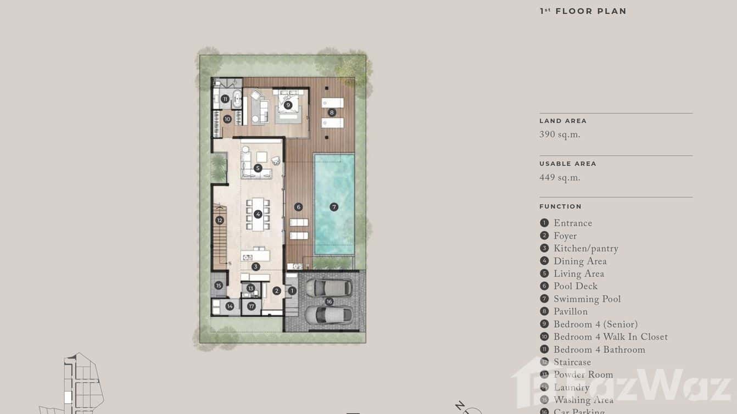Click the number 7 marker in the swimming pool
click(334, 207)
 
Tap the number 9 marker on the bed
click(288, 105)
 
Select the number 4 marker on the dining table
click(258, 214)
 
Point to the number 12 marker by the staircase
click(220, 220)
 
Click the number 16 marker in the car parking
click(329, 301)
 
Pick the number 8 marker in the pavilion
click(332, 113)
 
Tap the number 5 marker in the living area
click(258, 168)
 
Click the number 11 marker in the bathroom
click(225, 99)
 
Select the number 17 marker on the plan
click(252, 306)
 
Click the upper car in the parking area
click(329, 287)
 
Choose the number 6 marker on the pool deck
click(298, 207)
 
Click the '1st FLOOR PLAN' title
click(583, 11)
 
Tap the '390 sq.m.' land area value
click(560, 135)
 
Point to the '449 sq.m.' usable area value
click(560, 177)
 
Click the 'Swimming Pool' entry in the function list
click(587, 299)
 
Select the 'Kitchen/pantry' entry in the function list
click(585, 249)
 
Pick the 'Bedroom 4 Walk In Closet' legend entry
click(610, 337)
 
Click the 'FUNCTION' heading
click(560, 206)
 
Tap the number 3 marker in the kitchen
click(255, 266)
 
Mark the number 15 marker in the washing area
click(219, 286)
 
